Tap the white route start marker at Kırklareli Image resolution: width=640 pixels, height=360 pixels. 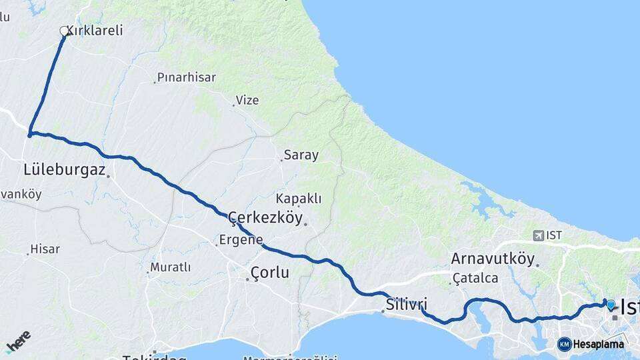point(65,31)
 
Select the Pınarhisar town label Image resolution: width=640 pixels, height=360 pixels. point(187,77)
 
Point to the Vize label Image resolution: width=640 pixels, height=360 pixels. point(247,101)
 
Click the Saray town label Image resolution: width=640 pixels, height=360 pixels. point(301,155)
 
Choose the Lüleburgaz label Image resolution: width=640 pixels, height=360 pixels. point(65,170)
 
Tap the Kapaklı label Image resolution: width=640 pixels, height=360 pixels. point(299,199)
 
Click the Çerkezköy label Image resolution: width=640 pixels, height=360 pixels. point(265,218)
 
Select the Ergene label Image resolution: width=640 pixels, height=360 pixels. point(241,240)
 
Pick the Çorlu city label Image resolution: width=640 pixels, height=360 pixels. point(270,272)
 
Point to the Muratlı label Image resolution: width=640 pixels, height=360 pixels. point(171,267)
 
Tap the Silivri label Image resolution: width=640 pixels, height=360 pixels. point(406,305)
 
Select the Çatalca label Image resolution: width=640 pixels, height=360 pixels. point(475,278)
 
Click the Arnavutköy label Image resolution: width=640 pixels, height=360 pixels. point(493,259)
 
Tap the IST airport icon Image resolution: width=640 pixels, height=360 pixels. point(538,235)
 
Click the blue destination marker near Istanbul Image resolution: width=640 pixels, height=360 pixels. point(611,304)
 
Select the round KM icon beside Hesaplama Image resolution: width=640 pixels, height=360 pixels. point(564,344)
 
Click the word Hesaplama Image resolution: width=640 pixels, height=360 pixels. point(599,345)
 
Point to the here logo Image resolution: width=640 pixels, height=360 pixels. point(19,341)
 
